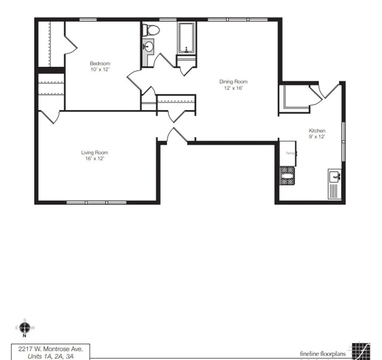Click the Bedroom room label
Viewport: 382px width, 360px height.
pyautogui.click(x=100, y=63)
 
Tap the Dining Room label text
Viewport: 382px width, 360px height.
pyautogui.click(x=233, y=82)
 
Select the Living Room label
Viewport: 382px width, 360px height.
pyautogui.click(x=95, y=153)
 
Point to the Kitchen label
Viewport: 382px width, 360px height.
pyautogui.click(x=317, y=131)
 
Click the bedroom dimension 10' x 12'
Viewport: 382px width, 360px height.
pyautogui.click(x=100, y=69)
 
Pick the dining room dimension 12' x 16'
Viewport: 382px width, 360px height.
pyautogui.click(x=233, y=88)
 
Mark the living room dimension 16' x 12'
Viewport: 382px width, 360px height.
pyautogui.click(x=95, y=159)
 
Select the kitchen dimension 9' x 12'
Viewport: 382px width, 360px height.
pyautogui.click(x=317, y=137)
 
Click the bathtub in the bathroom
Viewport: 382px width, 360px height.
pyautogui.click(x=186, y=38)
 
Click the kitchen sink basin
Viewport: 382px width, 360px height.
pyautogui.click(x=334, y=176)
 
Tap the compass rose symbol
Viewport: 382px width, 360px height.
pyautogui.click(x=25, y=328)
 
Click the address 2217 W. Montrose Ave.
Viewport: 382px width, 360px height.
pyautogui.click(x=51, y=349)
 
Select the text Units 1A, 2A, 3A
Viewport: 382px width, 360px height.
pyautogui.click(x=51, y=356)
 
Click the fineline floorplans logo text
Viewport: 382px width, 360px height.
pyautogui.click(x=323, y=354)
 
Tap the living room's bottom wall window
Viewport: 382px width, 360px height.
pyautogui.click(x=96, y=202)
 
